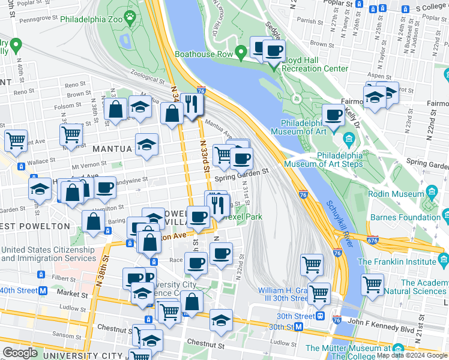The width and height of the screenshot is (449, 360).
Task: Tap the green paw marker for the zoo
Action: click(130, 14)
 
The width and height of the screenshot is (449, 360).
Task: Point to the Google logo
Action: click(20, 352)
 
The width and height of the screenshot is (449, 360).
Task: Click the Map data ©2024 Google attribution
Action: click(412, 355)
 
